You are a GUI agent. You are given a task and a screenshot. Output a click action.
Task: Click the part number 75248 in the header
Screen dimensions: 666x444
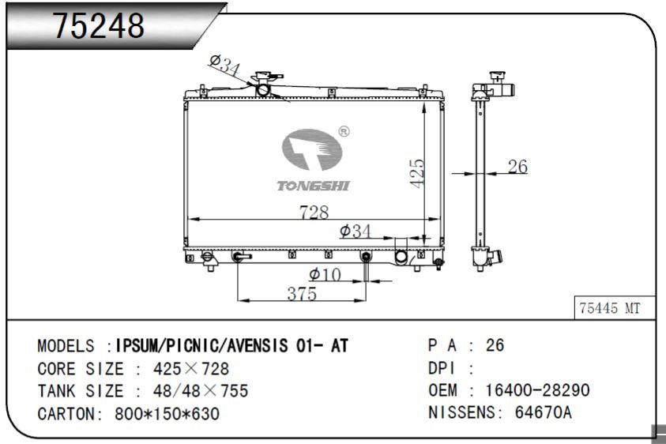pyautogui.click(x=99, y=25)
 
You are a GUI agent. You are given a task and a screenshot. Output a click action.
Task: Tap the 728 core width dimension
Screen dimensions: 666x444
pyautogui.click(x=314, y=212)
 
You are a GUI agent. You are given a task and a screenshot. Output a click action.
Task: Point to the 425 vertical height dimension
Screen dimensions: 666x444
pyautogui.click(x=416, y=173)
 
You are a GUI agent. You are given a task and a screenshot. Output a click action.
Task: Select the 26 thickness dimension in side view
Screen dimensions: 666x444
pyautogui.click(x=517, y=167)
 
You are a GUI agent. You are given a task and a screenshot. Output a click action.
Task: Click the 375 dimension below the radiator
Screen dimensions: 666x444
pyautogui.click(x=302, y=294)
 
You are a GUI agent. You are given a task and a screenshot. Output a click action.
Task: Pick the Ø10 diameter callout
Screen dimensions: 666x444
pyautogui.click(x=325, y=274)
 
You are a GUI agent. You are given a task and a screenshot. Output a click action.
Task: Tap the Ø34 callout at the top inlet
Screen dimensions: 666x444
pyautogui.click(x=224, y=65)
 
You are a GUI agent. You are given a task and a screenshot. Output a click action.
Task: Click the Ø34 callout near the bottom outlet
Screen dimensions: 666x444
pyautogui.click(x=355, y=231)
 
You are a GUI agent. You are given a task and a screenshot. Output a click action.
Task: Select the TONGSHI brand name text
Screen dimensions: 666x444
pyautogui.click(x=313, y=186)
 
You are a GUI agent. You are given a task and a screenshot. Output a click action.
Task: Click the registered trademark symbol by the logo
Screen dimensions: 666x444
pyautogui.click(x=344, y=132)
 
